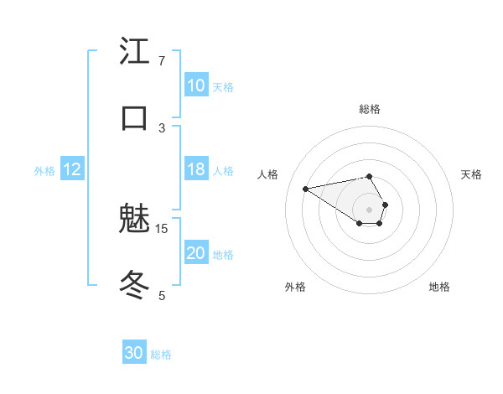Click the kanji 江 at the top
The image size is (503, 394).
coord(134,51)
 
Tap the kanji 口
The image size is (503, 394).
coord(134,118)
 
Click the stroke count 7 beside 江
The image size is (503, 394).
coord(162,60)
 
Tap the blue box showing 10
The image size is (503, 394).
coord(195,86)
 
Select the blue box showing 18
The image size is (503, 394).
coord(195,169)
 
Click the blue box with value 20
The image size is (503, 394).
coord(195,253)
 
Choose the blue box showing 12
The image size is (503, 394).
coord(71,169)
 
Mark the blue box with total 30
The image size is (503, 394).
coord(134,353)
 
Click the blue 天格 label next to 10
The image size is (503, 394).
coord(223,86)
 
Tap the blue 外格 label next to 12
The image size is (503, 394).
coord(44,170)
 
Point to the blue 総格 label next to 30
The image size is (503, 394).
coord(161,354)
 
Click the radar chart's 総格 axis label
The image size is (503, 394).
coord(370,109)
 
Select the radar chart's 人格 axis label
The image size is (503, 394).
coord(268,174)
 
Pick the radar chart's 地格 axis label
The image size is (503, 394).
coord(439,287)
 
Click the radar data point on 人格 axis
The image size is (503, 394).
coord(306,188)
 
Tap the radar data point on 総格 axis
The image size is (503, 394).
coord(370,176)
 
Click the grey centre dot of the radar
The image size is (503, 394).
coord(370,209)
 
